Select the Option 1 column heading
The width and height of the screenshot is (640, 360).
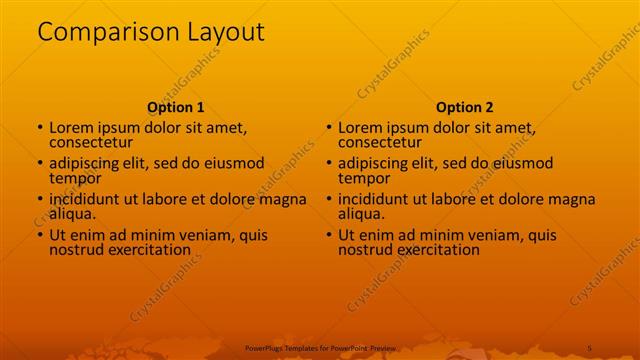[176, 107]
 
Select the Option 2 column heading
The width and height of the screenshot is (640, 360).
[465, 107]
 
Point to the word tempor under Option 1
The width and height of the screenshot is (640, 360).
[74, 178]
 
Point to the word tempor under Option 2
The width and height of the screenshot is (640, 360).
[363, 178]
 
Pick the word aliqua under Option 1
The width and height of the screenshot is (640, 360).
[72, 214]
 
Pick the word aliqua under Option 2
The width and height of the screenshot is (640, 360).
[361, 214]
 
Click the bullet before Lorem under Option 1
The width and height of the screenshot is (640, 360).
[40, 128]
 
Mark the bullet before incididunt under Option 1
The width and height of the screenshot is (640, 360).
[40, 199]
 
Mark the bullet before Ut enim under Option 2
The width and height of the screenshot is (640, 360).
[329, 235]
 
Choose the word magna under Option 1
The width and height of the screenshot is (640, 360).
[283, 199]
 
